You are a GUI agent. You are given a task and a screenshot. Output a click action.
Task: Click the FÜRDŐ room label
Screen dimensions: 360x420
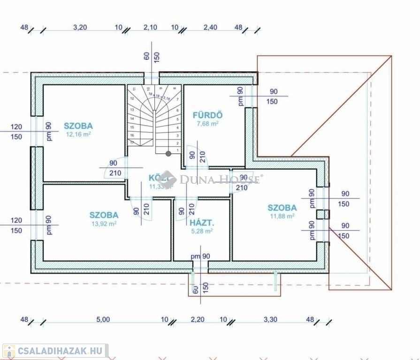[207, 115]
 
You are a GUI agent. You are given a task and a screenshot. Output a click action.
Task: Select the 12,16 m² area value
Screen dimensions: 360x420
[78, 134]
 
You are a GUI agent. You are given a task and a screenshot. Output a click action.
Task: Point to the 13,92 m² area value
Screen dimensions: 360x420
[104, 224]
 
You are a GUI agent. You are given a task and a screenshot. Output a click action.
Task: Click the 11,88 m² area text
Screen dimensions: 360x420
[282, 216]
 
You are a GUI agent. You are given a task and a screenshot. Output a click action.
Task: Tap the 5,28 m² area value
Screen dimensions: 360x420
[202, 231]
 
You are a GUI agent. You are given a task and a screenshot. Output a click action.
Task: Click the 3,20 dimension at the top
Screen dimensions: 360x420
[80, 27]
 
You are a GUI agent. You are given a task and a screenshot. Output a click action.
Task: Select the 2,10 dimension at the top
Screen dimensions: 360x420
[150, 27]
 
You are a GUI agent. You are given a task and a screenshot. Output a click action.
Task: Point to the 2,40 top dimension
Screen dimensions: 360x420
[210, 27]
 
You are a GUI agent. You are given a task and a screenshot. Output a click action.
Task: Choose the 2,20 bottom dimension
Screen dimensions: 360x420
[198, 320]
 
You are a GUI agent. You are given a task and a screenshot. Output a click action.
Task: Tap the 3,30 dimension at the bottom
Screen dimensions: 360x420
[270, 320]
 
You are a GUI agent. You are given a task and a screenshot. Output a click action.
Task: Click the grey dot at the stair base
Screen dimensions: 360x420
[168, 153]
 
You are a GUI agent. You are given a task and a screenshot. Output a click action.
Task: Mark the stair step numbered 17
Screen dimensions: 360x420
[132, 142]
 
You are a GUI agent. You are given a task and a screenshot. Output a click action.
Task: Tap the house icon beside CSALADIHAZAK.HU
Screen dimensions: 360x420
[9, 351]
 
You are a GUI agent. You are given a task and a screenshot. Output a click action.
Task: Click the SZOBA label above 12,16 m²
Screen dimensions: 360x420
[78, 126]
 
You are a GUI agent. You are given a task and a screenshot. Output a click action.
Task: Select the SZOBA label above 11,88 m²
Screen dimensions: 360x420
[282, 208]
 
